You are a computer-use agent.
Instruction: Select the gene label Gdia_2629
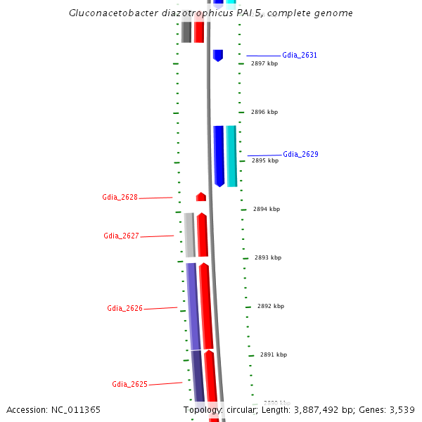pyautogui.click(x=300, y=154)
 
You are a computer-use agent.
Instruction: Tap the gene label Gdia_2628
pyautogui.click(x=120, y=198)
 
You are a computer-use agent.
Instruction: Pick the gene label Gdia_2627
pyautogui.click(x=121, y=236)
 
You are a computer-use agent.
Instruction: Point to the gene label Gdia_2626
pyautogui.click(x=124, y=309)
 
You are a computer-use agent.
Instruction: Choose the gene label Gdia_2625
pyautogui.click(x=129, y=384)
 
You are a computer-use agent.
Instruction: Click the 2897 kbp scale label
pyautogui.click(x=264, y=63)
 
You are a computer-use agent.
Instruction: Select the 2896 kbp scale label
pyautogui.click(x=264, y=112)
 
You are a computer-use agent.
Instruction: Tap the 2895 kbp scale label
pyautogui.click(x=265, y=160)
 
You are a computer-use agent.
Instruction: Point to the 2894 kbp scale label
pyautogui.click(x=267, y=209)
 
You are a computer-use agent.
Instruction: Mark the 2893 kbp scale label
pyautogui.click(x=268, y=257)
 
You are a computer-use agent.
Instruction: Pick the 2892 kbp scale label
pyautogui.click(x=271, y=306)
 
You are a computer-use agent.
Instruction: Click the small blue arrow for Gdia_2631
pyautogui.click(x=218, y=55)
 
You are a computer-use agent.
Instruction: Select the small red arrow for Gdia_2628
pyautogui.click(x=201, y=197)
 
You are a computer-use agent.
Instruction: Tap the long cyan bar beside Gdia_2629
pyautogui.click(x=231, y=155)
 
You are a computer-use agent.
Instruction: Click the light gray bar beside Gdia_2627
pyautogui.click(x=189, y=235)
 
